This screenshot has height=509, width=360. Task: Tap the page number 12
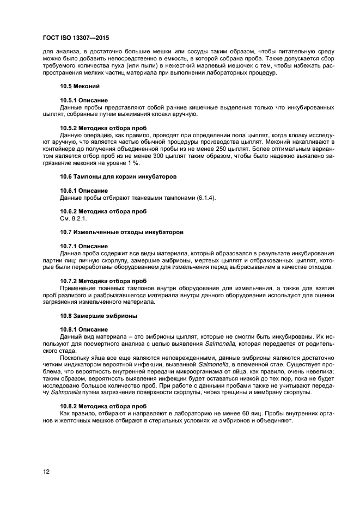tap(46, 471)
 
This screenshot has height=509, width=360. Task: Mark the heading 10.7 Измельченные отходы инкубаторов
tap(121, 232)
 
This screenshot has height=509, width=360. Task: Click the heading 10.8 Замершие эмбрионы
tap(99, 315)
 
